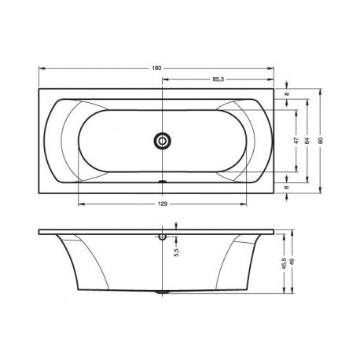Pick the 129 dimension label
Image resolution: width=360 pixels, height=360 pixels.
click(162, 204)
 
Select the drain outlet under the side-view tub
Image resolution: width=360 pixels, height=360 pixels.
click(162, 292)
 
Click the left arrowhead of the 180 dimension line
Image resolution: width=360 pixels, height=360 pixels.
click(40, 69)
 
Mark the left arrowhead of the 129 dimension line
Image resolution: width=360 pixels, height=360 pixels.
click(79, 208)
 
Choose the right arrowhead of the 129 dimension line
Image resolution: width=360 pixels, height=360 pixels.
click(243, 208)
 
